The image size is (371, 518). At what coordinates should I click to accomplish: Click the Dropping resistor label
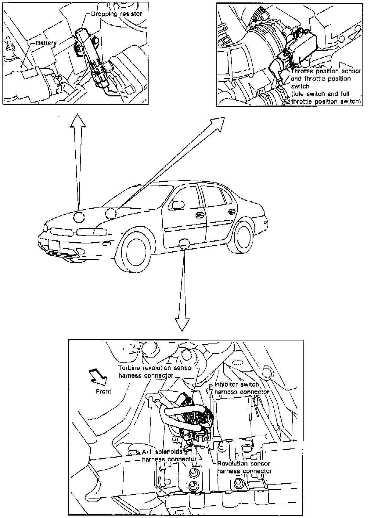tap(117, 14)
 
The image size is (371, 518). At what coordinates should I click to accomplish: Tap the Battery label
tap(46, 43)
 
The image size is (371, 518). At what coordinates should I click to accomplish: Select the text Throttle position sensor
tap(326, 71)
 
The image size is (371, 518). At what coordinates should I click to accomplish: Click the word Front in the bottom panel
tap(103, 391)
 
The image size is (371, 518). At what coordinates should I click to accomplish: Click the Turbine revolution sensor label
tap(156, 368)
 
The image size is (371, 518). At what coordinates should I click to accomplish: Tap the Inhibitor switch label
tap(236, 384)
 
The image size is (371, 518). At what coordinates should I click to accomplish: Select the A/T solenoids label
tap(162, 451)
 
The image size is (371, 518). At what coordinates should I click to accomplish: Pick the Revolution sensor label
tap(243, 463)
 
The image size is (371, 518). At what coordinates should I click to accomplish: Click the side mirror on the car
tap(178, 205)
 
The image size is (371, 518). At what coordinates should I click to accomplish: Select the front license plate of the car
tap(54, 245)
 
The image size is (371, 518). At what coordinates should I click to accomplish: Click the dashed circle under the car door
tap(184, 244)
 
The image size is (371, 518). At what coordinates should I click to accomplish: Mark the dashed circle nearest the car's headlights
tap(79, 217)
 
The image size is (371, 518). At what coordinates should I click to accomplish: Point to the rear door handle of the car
tap(232, 211)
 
